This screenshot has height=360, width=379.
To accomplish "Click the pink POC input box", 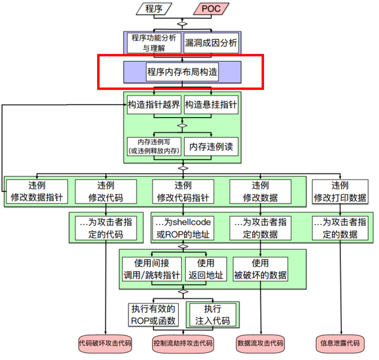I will point(211,9).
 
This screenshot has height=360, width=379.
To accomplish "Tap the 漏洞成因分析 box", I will point(211,43).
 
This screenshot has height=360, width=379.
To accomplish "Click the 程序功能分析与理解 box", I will point(154,43).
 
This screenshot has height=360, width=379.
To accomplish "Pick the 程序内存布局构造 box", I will point(182,72).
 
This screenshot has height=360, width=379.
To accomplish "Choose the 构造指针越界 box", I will point(154,105).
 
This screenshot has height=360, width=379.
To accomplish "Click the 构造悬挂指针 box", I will point(211,105).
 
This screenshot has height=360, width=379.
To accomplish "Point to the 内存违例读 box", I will point(211,147).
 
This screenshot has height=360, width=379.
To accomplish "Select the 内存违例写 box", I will point(154,147).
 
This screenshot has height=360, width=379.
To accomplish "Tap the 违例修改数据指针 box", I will point(37,191).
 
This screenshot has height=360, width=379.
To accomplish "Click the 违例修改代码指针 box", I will point(182,191).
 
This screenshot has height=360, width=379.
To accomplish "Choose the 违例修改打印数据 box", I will point(340,191).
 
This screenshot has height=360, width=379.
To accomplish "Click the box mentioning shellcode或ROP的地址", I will point(182,228).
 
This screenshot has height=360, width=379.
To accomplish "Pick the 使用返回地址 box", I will point(206,269).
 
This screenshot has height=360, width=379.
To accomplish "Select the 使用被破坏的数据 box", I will point(260,269).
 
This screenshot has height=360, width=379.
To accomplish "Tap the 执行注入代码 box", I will point(212,314).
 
